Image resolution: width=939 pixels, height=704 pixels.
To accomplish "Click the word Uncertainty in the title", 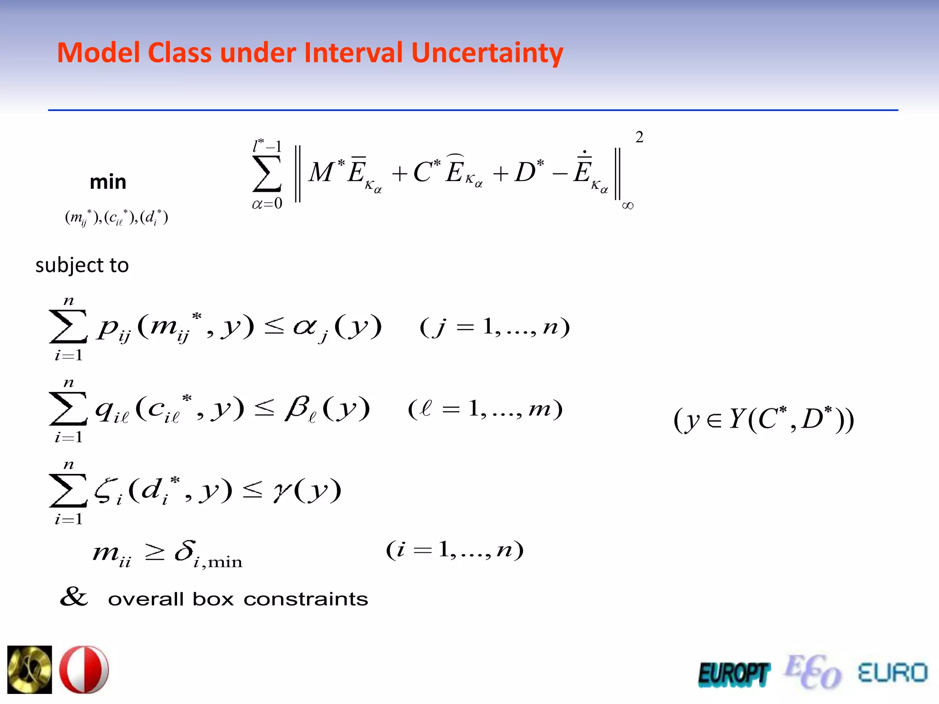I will pos(487,53).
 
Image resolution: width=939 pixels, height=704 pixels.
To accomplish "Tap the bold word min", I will pos(108,182).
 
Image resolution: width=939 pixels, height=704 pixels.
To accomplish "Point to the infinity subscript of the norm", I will pos(628,205).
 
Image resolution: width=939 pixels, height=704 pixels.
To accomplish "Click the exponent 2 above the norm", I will pos(639,137).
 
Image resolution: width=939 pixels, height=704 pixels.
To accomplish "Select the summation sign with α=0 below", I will pos(266,174).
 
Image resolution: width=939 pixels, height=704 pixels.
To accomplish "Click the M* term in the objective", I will pos(326,172).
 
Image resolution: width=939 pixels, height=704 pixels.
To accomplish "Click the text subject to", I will pos(82,265).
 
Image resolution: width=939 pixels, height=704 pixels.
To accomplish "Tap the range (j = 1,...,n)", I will pos(495,327).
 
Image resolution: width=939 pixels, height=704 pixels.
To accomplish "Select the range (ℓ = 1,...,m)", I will pos(485,409).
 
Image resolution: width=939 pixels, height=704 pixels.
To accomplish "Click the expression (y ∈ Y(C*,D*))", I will pos(763,419).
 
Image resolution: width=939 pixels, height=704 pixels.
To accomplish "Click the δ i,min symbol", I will pos(208,554).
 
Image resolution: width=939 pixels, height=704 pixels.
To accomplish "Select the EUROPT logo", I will pos(733,674).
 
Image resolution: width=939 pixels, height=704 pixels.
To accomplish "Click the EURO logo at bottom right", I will pos(892,673).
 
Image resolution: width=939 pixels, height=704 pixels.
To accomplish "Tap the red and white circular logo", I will pos(84,669).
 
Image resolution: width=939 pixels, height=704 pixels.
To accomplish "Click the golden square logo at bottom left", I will pos(29,669).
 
